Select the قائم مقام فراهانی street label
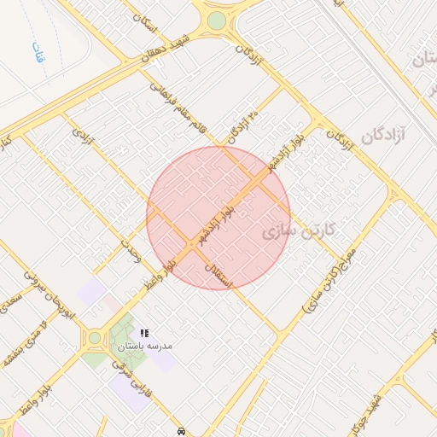pyautogui.click(x=179, y=108)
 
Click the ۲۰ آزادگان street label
pyautogui.click(x=243, y=127)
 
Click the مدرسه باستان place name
pyautogui.click(x=145, y=346)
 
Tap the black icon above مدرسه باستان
pyautogui.click(x=143, y=332)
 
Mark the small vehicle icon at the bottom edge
pyautogui.click(x=181, y=430)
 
